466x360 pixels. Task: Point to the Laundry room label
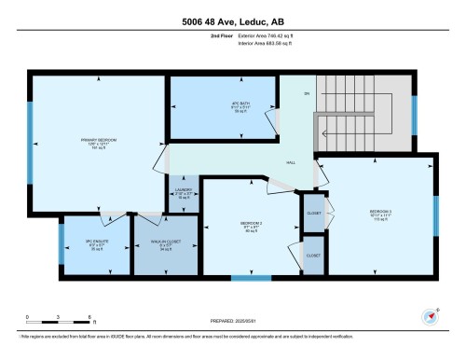184,193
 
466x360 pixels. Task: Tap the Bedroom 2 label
251,225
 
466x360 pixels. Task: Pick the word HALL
291,161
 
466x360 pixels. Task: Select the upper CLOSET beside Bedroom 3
313,215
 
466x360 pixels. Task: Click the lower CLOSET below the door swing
313,255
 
